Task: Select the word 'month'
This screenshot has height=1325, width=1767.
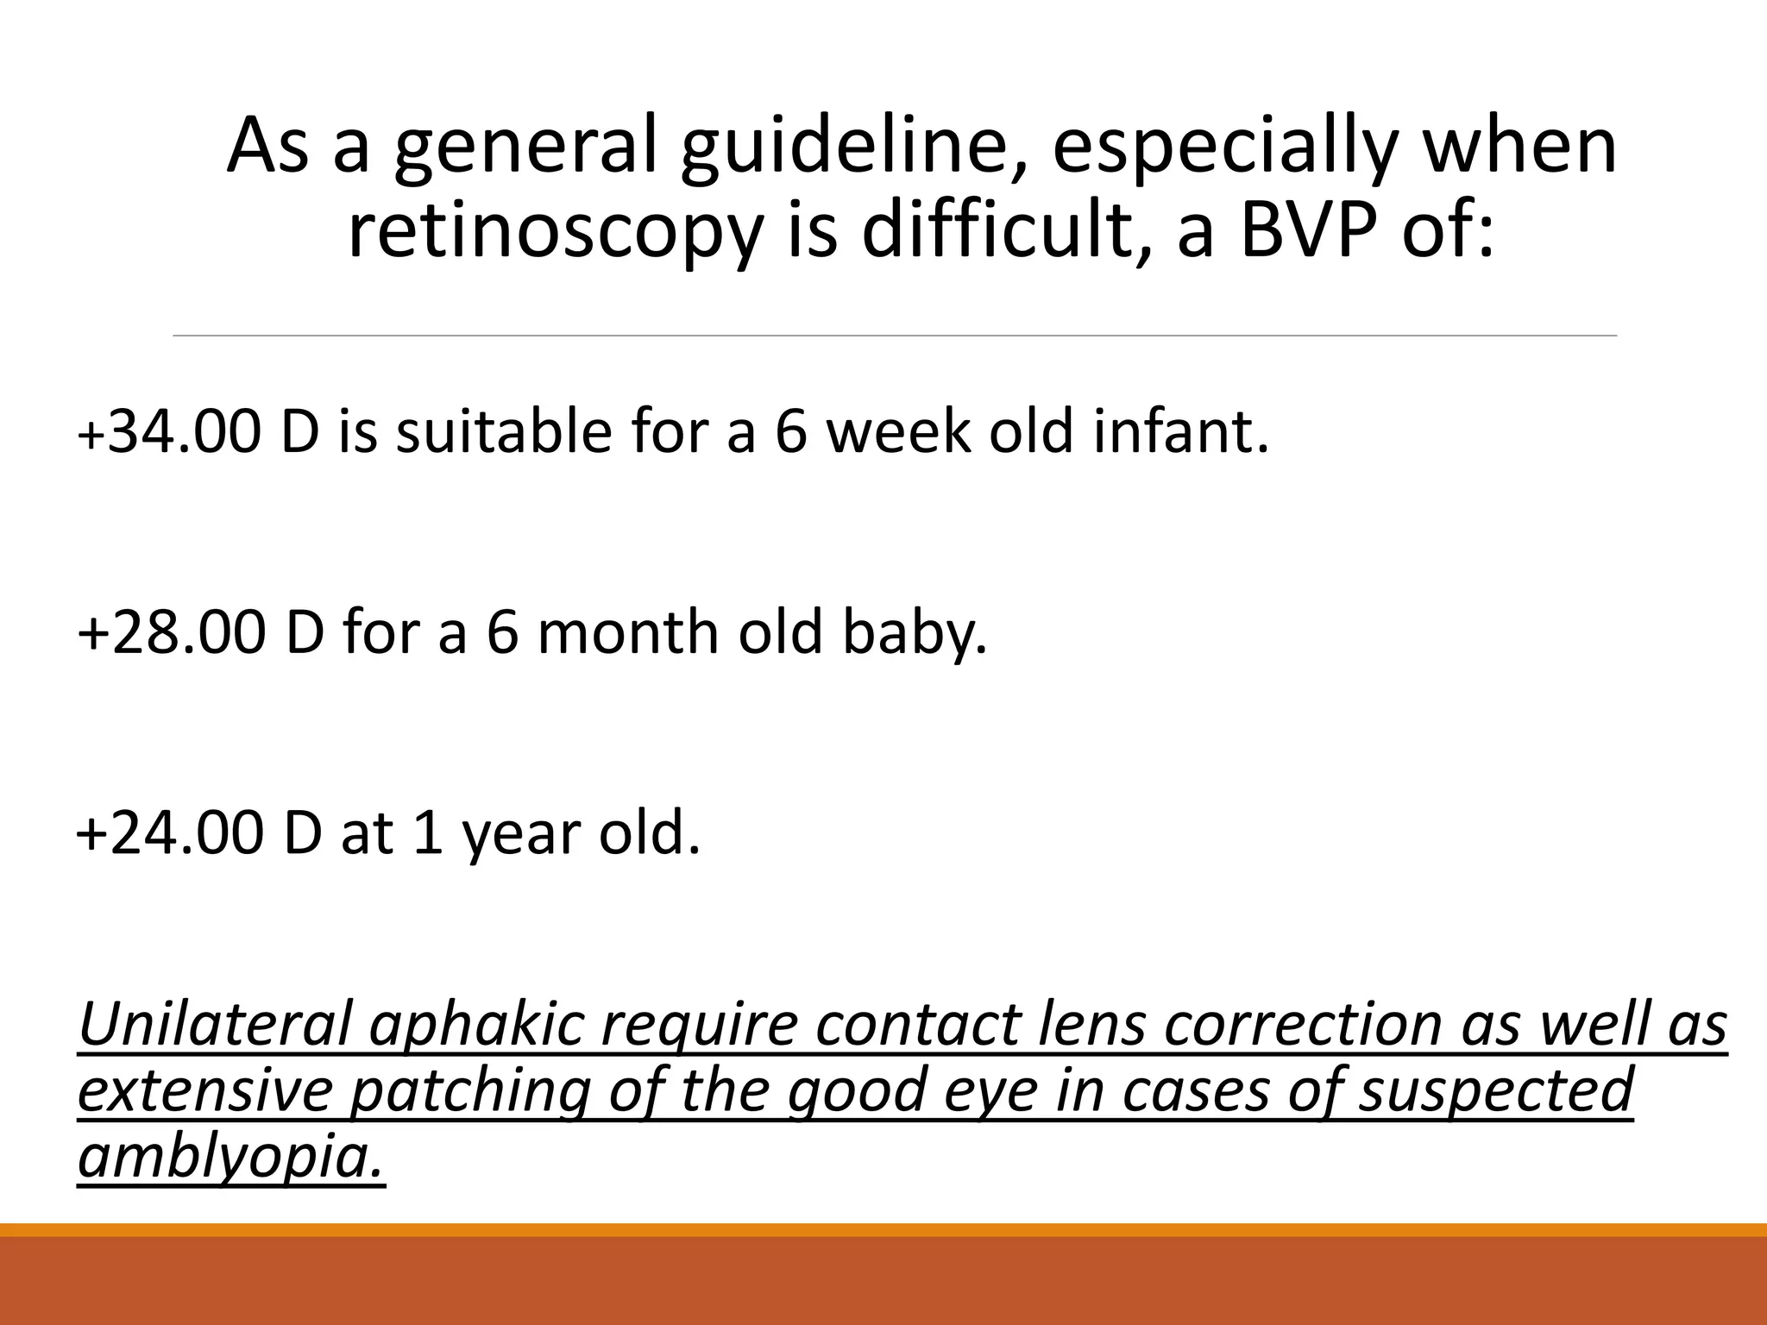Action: pyautogui.click(x=628, y=632)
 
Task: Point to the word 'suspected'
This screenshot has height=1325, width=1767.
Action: pyautogui.click(x=1496, y=1091)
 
